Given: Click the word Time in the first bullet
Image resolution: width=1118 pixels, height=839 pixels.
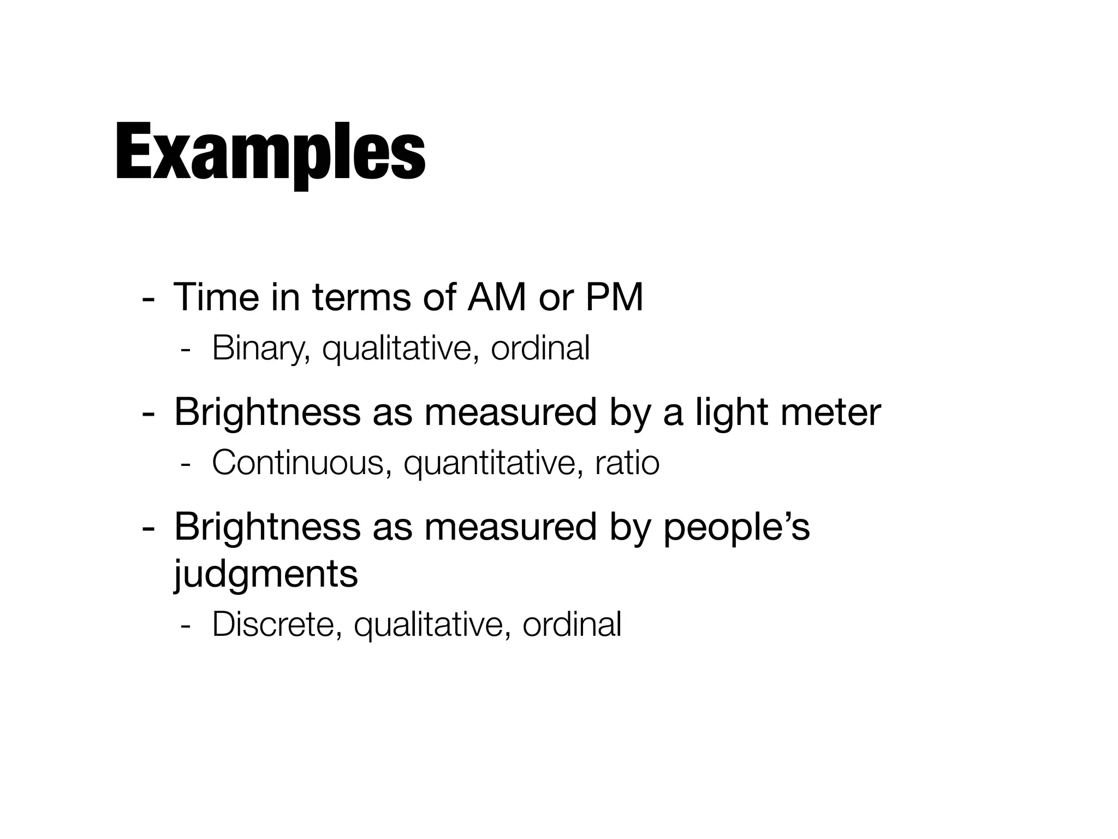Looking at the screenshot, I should tap(216, 298).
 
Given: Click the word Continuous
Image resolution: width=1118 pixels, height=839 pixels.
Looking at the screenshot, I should tap(301, 463).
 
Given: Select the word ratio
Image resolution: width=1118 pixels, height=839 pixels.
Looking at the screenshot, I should tap(627, 463).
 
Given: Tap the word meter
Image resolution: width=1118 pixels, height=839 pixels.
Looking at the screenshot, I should tap(830, 413).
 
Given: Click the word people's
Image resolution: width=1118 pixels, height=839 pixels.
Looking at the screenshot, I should tap(736, 528).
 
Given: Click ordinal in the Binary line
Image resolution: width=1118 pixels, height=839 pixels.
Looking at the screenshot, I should tap(540, 348).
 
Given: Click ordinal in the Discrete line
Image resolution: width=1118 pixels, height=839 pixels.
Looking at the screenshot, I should tap(572, 624).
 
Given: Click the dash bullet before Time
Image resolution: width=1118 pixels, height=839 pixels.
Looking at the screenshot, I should tap(147, 299).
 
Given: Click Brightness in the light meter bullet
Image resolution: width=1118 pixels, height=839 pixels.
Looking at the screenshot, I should tap(267, 413).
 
